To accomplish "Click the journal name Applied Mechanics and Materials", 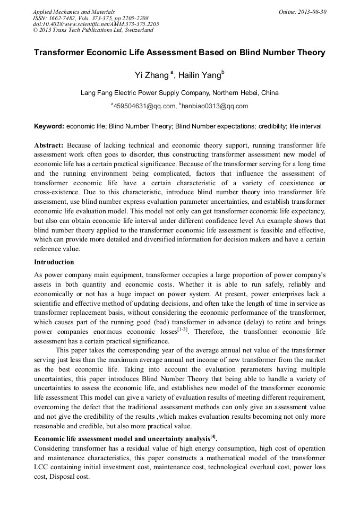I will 73,12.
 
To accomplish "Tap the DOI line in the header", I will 96,24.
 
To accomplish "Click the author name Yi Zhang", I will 152,76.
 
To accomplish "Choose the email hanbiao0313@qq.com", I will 215,106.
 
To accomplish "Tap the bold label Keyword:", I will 49,126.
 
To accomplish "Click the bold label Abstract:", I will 49,145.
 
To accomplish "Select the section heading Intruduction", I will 54,262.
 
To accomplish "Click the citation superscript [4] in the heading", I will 212,437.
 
